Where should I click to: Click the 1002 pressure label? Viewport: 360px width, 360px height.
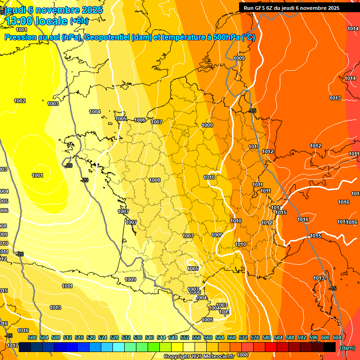[20, 101]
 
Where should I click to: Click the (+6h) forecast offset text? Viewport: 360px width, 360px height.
[79, 21]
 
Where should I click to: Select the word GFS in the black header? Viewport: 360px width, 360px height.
[260, 8]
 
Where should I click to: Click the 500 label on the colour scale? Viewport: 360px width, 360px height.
[32, 337]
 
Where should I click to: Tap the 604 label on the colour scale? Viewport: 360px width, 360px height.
[337, 337]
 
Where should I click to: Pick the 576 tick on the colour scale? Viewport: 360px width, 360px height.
[255, 337]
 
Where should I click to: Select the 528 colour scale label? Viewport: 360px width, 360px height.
[114, 337]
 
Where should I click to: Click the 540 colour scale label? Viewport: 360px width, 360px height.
[150, 337]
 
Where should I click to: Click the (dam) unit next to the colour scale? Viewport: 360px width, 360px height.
[347, 348]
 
